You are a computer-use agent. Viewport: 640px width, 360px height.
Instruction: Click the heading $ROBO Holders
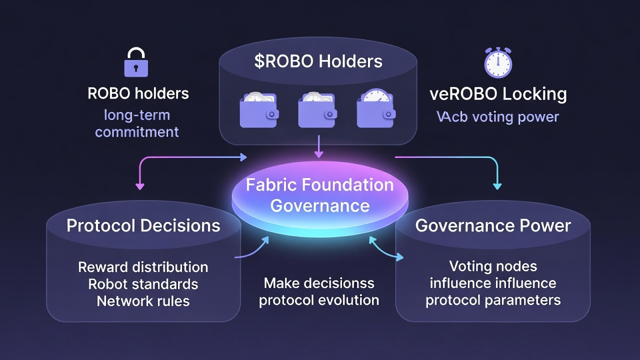tap(318, 61)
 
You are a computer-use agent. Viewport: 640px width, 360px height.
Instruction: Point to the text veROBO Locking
tap(498, 94)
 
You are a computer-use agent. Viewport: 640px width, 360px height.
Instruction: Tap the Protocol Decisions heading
tap(143, 225)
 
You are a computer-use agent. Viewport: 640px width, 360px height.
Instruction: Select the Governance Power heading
tap(493, 225)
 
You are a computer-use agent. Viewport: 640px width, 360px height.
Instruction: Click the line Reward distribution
tap(143, 267)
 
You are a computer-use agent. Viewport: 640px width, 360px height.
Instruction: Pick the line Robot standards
tap(143, 284)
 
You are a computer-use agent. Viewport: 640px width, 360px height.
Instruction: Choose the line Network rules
tap(143, 301)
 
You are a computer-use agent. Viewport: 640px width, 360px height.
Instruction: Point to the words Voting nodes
tap(493, 266)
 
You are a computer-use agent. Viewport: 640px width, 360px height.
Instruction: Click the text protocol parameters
tap(493, 300)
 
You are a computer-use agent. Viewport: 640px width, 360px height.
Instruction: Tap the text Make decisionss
tap(319, 283)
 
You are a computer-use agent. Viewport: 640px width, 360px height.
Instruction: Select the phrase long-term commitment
tap(137, 123)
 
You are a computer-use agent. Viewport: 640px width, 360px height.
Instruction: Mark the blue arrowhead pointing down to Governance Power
tap(497, 185)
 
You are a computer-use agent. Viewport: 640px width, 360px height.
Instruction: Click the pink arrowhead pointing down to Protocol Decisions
tap(140, 185)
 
